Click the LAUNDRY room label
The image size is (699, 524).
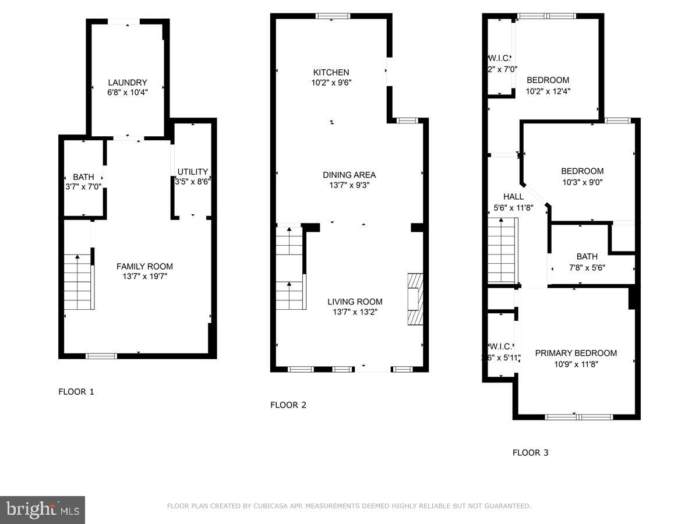pos(128,83)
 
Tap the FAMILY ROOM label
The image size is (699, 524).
pos(144,267)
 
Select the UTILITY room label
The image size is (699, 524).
pos(193,172)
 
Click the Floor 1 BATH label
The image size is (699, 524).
pos(83,177)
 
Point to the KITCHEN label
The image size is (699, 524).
pos(331,73)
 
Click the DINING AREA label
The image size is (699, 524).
pos(349,175)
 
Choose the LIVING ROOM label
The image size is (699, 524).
pos(355,302)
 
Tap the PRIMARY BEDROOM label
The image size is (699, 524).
pos(576,353)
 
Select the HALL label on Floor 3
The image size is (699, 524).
pos(513,197)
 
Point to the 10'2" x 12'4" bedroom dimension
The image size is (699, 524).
pos(548,91)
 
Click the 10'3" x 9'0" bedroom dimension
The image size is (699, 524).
pos(582,182)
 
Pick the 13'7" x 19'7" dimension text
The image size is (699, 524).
pos(144,277)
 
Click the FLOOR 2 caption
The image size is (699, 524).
pos(288,405)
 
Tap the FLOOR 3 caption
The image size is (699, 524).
pos(530,452)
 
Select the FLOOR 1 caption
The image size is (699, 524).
pos(76,392)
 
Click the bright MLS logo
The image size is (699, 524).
pos(43,510)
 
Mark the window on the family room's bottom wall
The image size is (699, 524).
pos(101,356)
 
